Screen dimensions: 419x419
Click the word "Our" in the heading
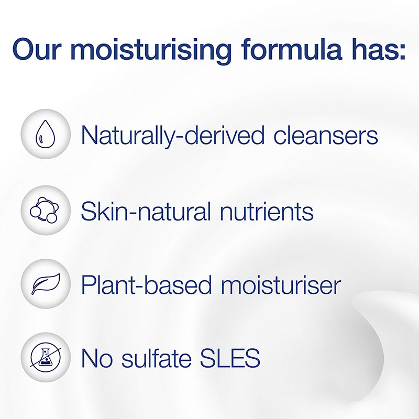pos(37,49)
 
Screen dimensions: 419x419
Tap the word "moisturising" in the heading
pos(151,51)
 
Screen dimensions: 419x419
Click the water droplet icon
pos(46,134)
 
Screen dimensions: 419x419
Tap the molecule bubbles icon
pos(45,210)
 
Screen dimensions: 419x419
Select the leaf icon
pos(46,284)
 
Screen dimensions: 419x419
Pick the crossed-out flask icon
pos(46,357)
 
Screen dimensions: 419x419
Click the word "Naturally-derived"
pos(173,136)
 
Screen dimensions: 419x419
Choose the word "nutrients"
pos(267,212)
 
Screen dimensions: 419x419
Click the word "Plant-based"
pos(147,284)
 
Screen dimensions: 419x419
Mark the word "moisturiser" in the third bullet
pos(281,285)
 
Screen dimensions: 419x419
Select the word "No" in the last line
pos(97,358)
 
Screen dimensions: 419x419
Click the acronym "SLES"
pos(230,358)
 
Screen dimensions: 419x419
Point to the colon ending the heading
pos(403,51)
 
